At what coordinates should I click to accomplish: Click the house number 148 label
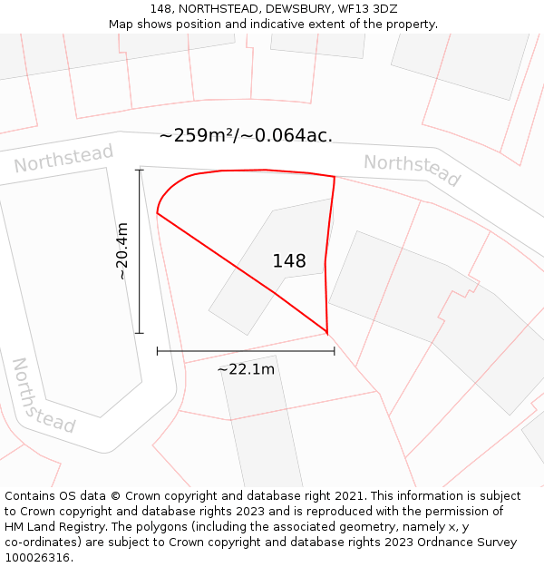coord(289,261)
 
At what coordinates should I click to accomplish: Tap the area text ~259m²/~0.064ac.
coord(246,136)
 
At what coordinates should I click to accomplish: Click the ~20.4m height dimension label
coord(122,250)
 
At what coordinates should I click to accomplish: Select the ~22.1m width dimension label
coord(246,369)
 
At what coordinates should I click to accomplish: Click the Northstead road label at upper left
coord(63,159)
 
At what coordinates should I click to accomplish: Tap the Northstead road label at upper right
coord(413,170)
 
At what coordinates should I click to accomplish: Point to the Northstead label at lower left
coord(42,396)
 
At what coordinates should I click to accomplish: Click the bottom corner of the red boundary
coord(326,333)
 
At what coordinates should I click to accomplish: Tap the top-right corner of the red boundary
coord(335,177)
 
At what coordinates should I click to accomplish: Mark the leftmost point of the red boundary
coord(157,214)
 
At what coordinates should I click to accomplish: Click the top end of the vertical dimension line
coord(140,170)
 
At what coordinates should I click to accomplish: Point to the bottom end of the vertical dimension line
coord(140,333)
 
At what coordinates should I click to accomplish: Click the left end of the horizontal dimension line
coord(158,350)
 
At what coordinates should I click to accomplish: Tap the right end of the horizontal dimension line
coord(335,350)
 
